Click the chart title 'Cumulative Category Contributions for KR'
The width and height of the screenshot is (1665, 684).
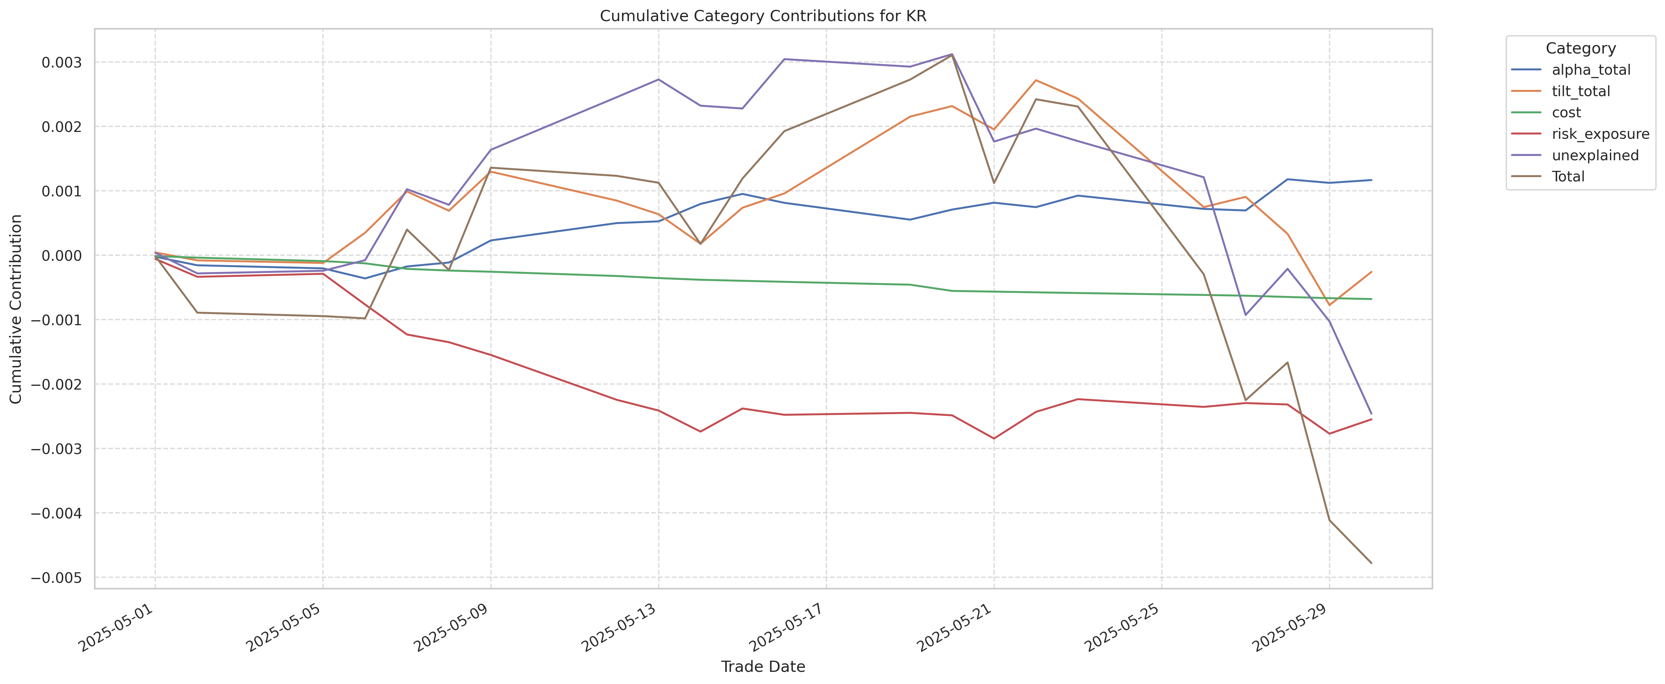pos(763,16)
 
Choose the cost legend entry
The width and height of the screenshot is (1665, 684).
pos(1566,112)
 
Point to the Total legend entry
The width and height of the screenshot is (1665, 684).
pos(1568,176)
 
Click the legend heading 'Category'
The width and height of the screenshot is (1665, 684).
pos(1580,49)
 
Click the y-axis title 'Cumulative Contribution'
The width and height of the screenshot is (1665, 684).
pos(16,309)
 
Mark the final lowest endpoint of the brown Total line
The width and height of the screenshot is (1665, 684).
pos(1371,563)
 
